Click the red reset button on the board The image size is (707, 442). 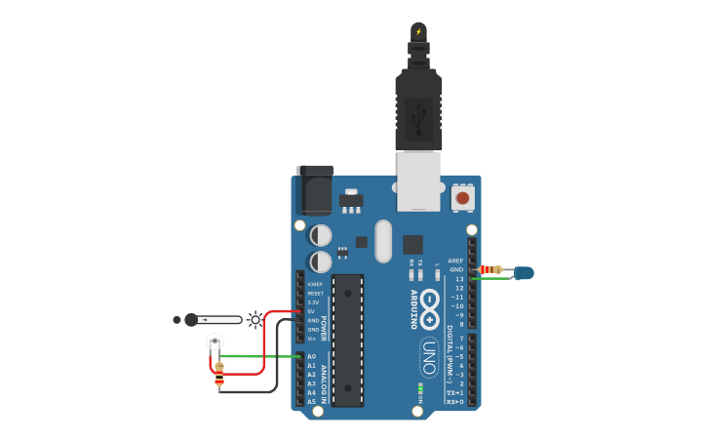(x=462, y=198)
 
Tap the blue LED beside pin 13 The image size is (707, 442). (x=524, y=273)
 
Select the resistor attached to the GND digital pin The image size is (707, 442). (x=491, y=269)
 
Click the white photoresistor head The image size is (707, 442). (x=215, y=342)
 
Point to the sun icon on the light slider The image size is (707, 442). (x=255, y=319)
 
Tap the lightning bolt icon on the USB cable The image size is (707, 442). (x=418, y=31)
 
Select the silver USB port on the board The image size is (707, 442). (x=418, y=181)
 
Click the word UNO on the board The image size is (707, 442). (x=429, y=357)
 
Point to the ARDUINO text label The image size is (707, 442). (x=413, y=309)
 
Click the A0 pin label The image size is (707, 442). (x=311, y=356)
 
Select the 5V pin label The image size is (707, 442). (x=311, y=311)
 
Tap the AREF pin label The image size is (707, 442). (x=455, y=261)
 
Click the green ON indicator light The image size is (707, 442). (x=419, y=388)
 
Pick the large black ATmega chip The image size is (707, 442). (x=347, y=340)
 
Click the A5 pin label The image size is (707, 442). (x=311, y=401)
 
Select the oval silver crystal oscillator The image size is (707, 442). (x=382, y=240)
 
